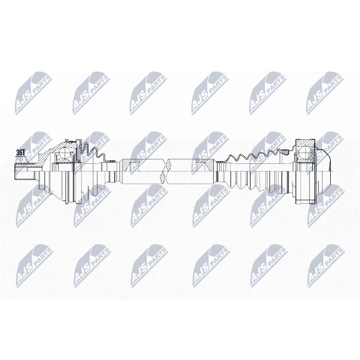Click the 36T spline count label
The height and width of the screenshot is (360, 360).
[20, 153]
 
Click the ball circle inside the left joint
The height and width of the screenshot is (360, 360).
[65, 153]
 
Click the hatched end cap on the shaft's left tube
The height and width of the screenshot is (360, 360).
[127, 165]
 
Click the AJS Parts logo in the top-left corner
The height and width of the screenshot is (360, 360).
[33, 94]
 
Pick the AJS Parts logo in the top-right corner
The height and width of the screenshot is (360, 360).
[324, 94]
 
